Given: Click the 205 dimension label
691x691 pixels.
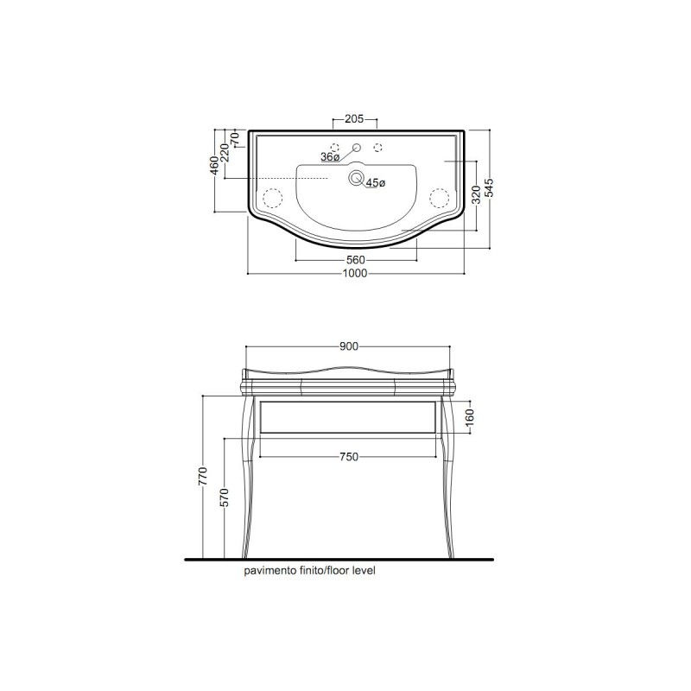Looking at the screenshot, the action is pyautogui.click(x=354, y=119).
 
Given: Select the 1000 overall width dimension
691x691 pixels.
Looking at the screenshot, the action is pyautogui.click(x=355, y=274).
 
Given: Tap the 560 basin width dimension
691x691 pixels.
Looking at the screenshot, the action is pyautogui.click(x=356, y=261).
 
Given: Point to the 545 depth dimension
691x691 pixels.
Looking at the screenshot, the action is pyautogui.click(x=490, y=189).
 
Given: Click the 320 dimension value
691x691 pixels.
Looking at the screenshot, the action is pyautogui.click(x=477, y=195).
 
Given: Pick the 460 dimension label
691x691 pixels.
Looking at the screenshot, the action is pyautogui.click(x=214, y=166).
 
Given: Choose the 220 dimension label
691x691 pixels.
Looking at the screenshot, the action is pyautogui.click(x=225, y=153).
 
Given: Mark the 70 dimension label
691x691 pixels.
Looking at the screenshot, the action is pyautogui.click(x=235, y=139).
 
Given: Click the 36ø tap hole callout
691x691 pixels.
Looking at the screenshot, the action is pyautogui.click(x=330, y=157).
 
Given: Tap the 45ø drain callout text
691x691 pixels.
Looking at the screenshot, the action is pyautogui.click(x=376, y=183).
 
